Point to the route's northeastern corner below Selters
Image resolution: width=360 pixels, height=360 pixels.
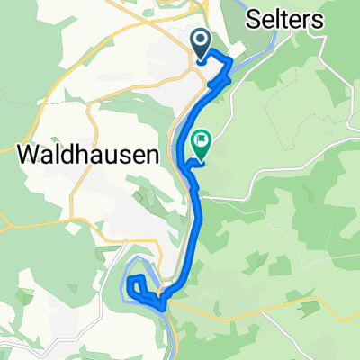pos(231,62)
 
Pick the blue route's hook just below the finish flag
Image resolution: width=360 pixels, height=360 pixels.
pos(187,165)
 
